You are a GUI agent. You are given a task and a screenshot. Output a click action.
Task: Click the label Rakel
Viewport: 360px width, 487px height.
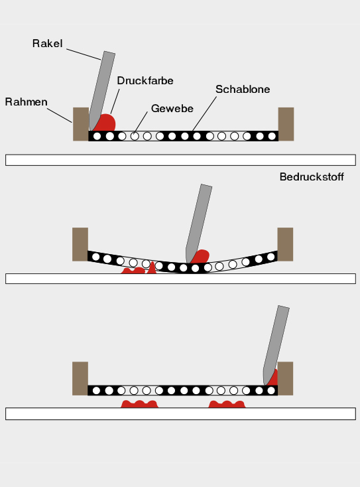point(47,44)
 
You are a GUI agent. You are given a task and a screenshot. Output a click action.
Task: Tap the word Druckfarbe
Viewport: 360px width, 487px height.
point(145,81)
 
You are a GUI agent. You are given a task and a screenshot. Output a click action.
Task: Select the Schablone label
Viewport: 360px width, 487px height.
point(243,90)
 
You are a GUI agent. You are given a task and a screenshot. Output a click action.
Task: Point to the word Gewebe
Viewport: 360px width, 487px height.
point(172,108)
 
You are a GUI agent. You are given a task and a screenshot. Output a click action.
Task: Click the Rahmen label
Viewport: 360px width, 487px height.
point(26,102)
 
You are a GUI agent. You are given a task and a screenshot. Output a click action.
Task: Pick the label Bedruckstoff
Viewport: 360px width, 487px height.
point(312,176)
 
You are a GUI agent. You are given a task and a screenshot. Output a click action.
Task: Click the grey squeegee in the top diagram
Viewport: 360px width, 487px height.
point(101,91)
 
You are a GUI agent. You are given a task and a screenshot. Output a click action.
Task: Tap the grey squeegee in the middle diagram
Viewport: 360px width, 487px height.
point(198,224)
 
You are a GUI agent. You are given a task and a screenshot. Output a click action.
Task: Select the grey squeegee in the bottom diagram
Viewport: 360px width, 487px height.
point(276,346)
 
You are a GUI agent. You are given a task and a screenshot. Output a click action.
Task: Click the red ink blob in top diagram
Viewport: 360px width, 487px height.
point(106,123)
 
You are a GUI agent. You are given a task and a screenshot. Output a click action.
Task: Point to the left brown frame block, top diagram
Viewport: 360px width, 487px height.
point(81,124)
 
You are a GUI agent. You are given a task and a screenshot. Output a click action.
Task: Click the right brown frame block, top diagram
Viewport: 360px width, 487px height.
point(286,124)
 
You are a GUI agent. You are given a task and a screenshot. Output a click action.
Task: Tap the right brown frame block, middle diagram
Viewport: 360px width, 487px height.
point(285,244)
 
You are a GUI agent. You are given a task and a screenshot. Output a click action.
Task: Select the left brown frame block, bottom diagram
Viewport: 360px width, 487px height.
point(80,378)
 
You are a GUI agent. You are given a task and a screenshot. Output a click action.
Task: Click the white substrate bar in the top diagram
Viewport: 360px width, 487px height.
point(180,160)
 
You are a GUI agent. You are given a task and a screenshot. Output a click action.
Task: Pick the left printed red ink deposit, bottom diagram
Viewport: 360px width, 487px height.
point(139,404)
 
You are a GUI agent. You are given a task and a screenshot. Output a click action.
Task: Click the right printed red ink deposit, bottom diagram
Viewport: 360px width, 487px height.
point(227,404)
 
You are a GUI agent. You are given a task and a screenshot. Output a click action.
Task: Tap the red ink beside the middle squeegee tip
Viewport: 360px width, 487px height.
point(201,257)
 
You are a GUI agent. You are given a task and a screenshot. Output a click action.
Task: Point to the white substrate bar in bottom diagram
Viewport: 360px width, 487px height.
point(180,414)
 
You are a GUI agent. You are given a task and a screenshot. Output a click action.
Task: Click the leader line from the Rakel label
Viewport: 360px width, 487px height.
point(84,54)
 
